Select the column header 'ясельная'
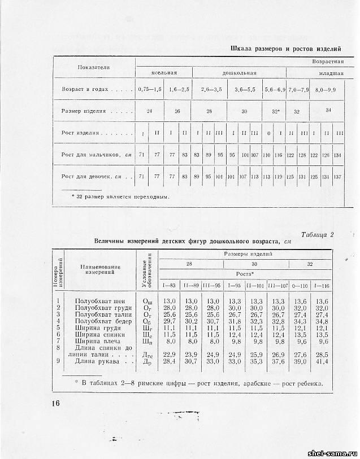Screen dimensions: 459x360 point(164,73)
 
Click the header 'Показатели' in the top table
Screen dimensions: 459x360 point(94,67)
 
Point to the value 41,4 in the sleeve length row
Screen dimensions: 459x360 point(322,361)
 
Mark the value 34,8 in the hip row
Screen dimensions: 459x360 point(322,321)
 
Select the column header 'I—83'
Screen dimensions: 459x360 point(169,284)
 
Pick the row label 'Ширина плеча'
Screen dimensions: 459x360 point(99,341)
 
